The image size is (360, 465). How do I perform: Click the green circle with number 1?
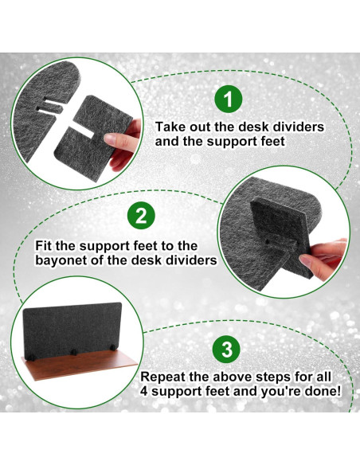(x=229, y=99)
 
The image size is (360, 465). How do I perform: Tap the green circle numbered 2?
(x=141, y=217)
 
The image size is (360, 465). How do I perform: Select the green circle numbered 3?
(x=227, y=349)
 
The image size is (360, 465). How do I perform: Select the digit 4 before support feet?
(x=144, y=392)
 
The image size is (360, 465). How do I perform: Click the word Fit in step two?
(x=44, y=246)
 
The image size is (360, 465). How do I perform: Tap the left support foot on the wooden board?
(x=31, y=356)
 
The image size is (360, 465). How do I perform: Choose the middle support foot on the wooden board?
(x=74, y=352)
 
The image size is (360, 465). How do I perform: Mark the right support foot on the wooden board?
(x=113, y=348)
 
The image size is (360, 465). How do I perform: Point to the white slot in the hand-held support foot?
(x=81, y=132)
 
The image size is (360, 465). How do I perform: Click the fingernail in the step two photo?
(x=305, y=260)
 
